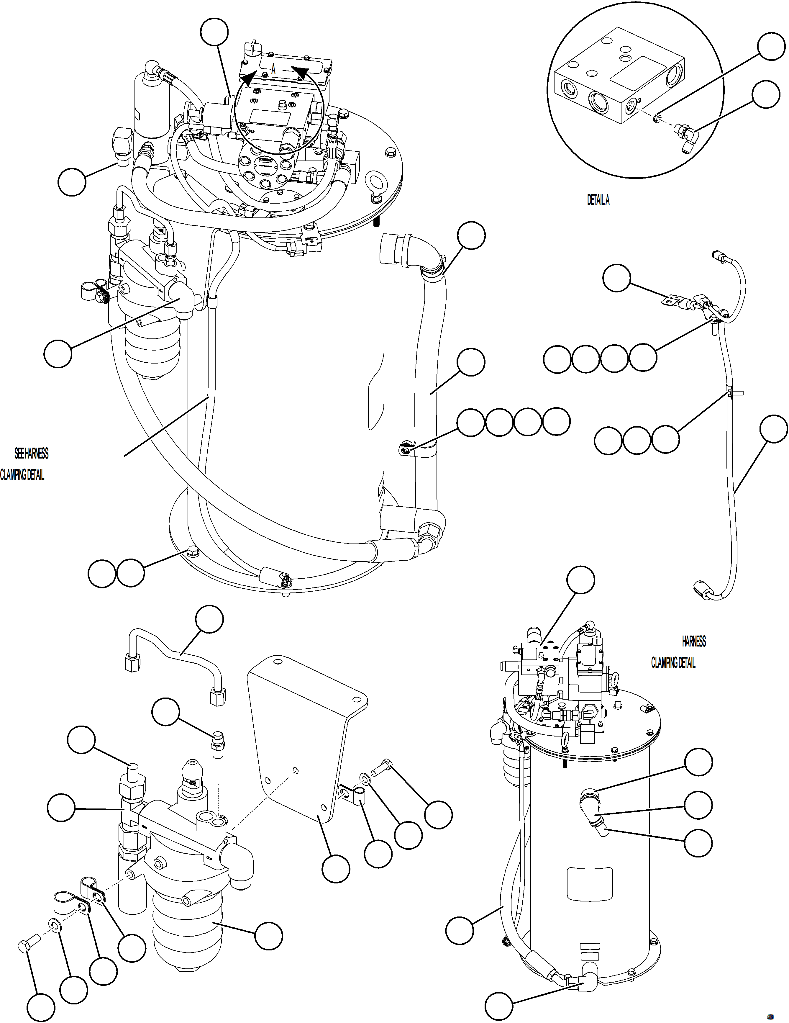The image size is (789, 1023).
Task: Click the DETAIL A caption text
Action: pos(598,200)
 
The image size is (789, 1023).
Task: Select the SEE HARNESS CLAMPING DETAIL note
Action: pos(26,464)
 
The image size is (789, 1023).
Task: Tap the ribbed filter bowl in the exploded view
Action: pos(187,932)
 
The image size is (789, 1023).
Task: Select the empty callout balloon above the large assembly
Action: pos(214,33)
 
